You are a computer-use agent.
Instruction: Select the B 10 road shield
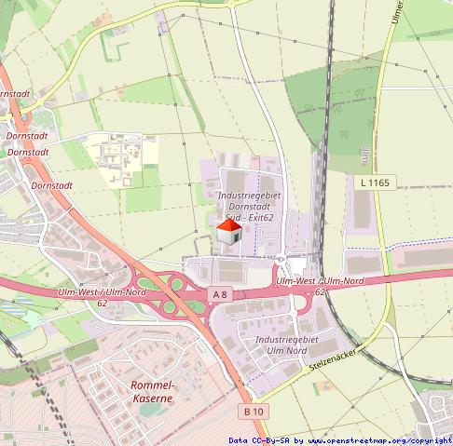(254, 411)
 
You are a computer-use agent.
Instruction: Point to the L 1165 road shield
(374, 183)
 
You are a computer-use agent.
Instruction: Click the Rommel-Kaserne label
(153, 392)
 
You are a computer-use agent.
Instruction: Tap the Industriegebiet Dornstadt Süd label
(249, 207)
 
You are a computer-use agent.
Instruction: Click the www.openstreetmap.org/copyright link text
(379, 440)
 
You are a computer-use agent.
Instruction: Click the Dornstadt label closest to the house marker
(51, 185)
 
